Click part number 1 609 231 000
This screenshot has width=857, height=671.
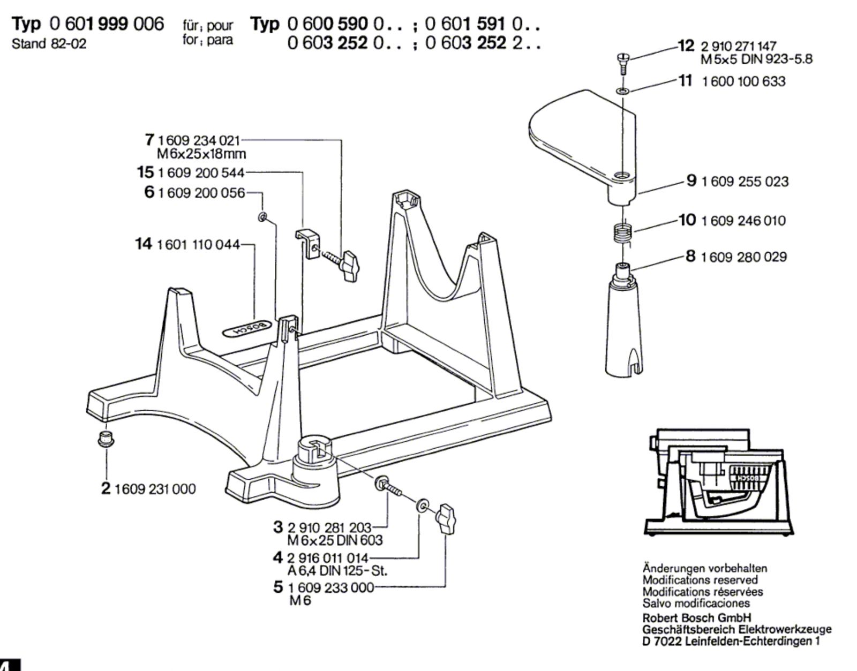155,489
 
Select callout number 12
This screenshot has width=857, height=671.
686,46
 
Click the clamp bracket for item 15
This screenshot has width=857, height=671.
307,243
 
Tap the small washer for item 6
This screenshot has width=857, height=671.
262,217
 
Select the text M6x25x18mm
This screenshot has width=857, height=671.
201,154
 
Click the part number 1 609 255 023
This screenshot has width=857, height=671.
745,182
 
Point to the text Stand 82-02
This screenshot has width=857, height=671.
49,44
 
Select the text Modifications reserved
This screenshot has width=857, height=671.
700,580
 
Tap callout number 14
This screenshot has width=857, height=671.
144,244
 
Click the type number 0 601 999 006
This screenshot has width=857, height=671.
107,24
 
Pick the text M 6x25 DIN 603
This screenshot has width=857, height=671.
335,540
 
